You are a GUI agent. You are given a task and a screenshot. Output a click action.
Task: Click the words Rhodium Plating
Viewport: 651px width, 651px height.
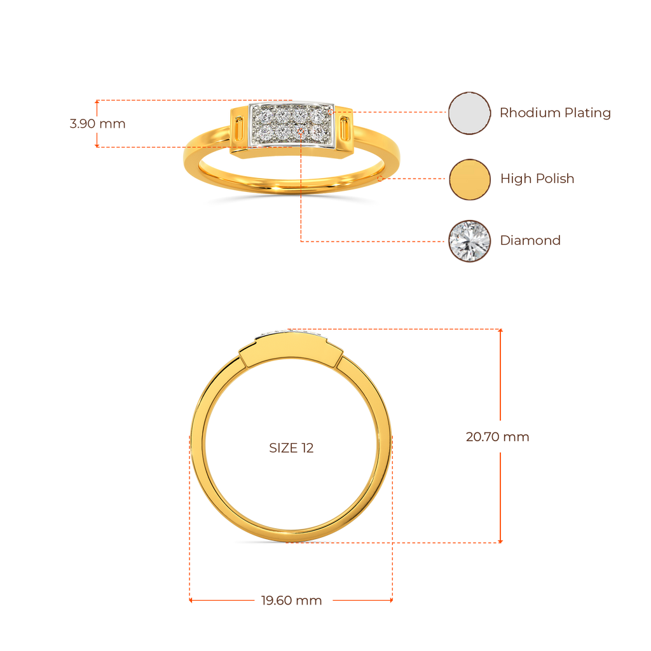[x=554, y=113]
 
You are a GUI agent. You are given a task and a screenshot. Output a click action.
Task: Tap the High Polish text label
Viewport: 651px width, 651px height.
[x=537, y=179]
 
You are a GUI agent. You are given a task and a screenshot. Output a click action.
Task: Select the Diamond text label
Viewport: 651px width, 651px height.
[x=530, y=240]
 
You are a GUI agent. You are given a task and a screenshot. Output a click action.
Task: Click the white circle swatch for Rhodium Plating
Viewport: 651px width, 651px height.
[x=469, y=113]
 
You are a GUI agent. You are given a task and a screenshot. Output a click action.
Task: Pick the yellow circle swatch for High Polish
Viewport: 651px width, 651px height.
[x=469, y=179]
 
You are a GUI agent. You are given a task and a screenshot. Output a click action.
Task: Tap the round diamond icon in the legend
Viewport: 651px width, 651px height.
[x=469, y=240]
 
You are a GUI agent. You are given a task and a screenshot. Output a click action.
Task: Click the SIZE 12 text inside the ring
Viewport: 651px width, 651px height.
[x=291, y=448]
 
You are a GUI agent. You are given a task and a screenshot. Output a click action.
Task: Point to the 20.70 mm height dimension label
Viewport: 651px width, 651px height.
[x=497, y=437]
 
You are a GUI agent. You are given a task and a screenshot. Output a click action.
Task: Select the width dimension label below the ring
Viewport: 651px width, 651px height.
[x=291, y=600]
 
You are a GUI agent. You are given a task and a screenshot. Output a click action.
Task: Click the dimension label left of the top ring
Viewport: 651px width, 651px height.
[x=97, y=123]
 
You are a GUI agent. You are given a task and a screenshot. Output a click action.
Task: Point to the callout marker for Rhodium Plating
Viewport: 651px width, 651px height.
[x=332, y=113]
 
